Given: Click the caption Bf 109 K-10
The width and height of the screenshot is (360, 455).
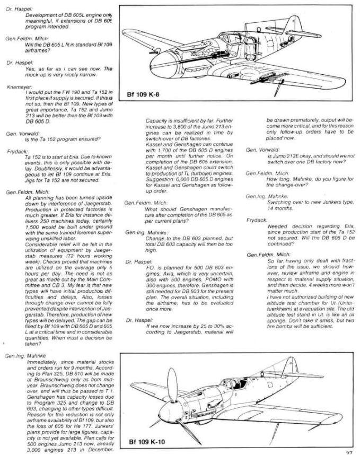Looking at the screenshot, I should click(150, 443).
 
